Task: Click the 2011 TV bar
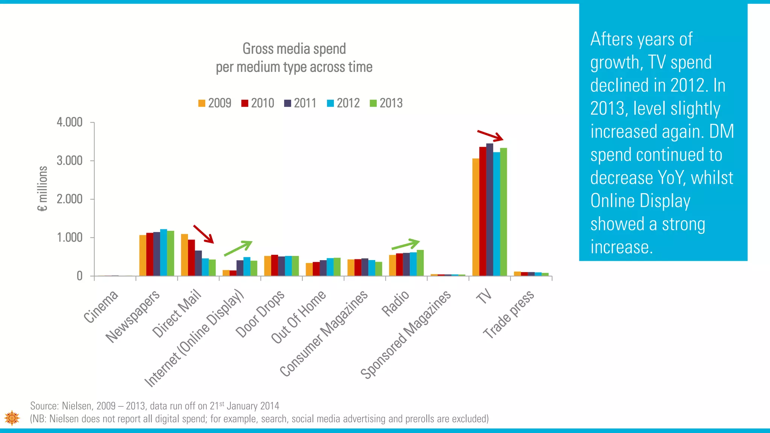(490, 210)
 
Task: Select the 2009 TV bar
(476, 218)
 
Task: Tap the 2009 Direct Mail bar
(184, 256)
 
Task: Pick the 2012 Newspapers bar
(164, 253)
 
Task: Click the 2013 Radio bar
(420, 263)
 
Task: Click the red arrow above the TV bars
(490, 136)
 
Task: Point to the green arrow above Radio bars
(405, 245)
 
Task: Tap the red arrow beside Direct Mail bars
(203, 234)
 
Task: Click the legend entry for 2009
(215, 103)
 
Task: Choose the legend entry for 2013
(386, 103)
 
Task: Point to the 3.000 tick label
(70, 161)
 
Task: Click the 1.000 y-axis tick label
(70, 238)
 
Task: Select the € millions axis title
(43, 189)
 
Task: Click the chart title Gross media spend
(294, 49)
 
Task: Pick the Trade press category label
(508, 314)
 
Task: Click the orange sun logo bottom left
(12, 418)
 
